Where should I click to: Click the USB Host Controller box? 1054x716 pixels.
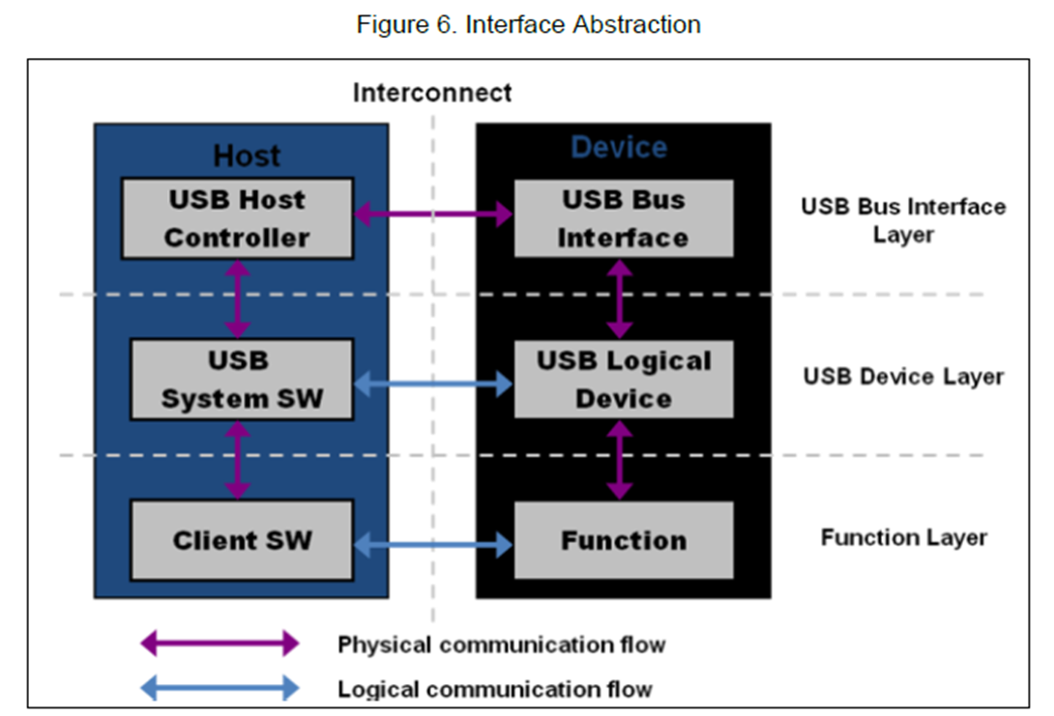237,218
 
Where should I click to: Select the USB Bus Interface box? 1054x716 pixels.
623,218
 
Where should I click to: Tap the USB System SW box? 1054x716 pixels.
241,379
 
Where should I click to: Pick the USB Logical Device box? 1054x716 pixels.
623,379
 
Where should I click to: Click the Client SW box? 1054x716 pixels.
241,540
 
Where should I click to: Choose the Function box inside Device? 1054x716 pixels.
623,540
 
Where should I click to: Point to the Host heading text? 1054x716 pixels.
247,156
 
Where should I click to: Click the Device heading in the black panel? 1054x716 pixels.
619,148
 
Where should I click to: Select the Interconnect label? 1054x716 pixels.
432,93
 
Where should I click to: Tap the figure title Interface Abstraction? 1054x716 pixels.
528,24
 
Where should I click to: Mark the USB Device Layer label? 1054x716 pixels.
903,377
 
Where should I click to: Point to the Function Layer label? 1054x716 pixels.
903,537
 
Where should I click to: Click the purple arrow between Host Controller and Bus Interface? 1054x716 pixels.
433,214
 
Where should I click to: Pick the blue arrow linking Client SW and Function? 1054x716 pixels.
433,546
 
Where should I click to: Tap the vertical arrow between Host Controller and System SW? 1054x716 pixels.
237,299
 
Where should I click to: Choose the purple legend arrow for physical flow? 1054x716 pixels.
220,643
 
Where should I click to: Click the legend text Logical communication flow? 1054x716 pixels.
494,689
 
